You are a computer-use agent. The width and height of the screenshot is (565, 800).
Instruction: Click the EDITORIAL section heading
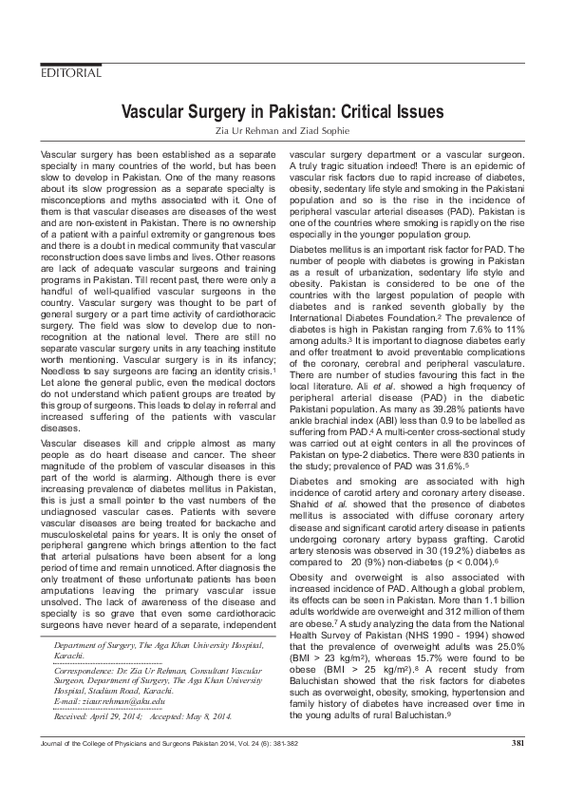pyautogui.click(x=70, y=73)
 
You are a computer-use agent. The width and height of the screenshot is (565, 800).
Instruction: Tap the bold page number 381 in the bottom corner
pyautogui.click(x=518, y=769)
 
